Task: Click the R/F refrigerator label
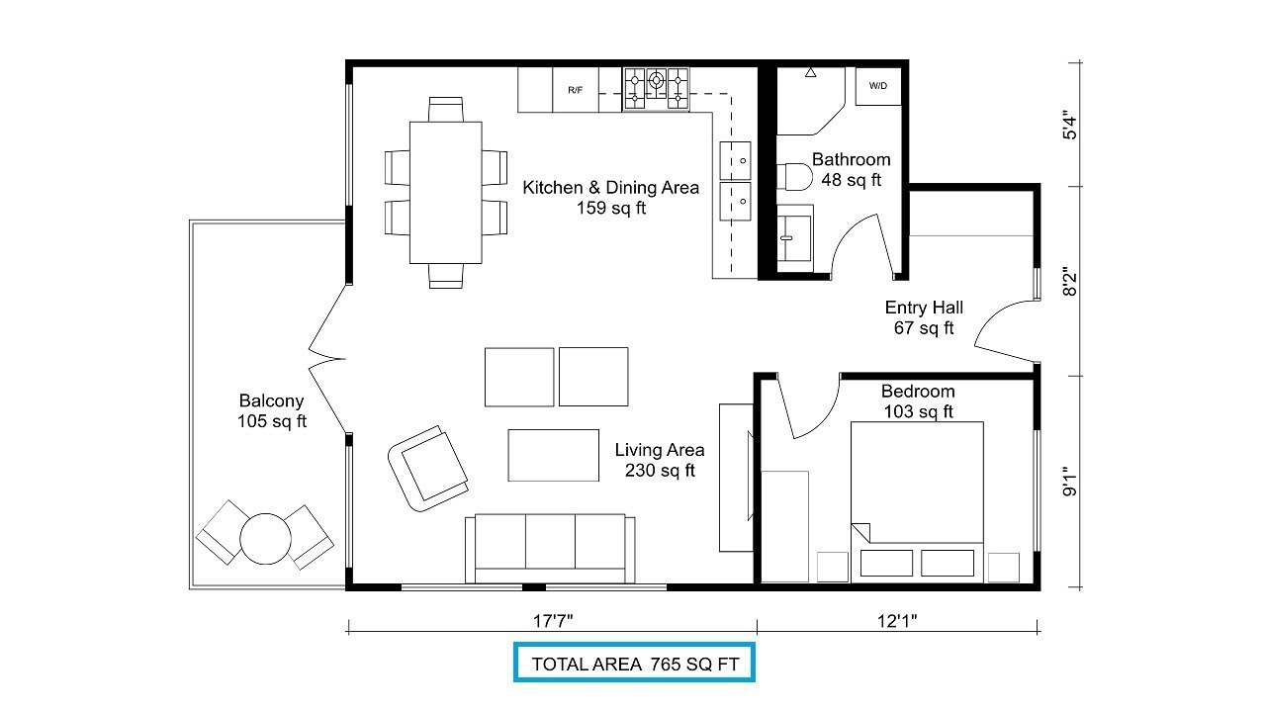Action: point(575,90)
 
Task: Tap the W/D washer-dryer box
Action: point(877,86)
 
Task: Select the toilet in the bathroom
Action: point(794,177)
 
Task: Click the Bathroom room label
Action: point(852,159)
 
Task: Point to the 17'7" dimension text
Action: point(553,621)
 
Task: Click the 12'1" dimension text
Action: point(897,621)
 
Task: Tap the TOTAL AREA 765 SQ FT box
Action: point(634,663)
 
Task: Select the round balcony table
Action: point(265,539)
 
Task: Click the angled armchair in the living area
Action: point(428,469)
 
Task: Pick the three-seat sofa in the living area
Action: point(550,548)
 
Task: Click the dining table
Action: point(445,192)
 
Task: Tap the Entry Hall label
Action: point(924,308)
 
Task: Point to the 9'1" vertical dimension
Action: point(1069,482)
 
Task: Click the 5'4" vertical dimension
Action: point(1069,126)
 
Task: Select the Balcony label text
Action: point(271,400)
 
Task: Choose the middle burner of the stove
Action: point(656,80)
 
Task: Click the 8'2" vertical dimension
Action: point(1069,282)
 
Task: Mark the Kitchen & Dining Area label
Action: point(610,188)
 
